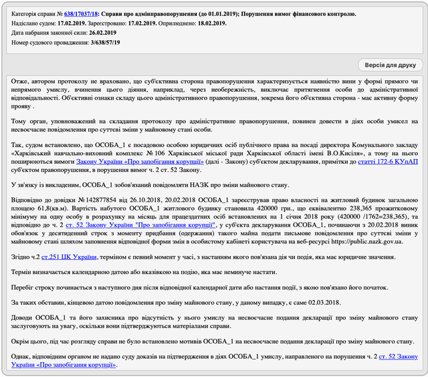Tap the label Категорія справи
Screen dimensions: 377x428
point(35,13)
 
